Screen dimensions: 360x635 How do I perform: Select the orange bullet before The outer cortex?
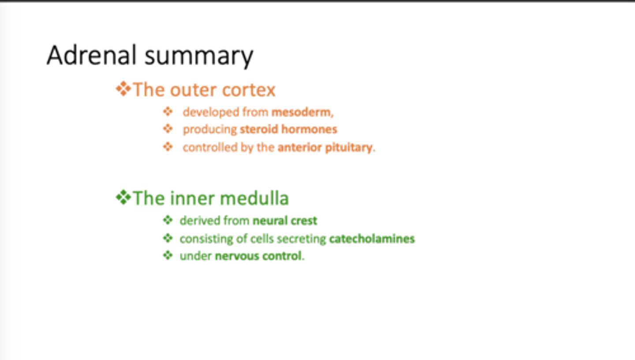point(123,89)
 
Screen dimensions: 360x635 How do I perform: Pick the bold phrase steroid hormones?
point(288,130)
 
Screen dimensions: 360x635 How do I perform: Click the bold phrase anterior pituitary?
point(325,147)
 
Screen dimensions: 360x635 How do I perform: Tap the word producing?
point(210,130)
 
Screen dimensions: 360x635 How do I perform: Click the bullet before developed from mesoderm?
point(168,112)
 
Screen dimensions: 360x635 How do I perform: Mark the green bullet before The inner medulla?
point(123,198)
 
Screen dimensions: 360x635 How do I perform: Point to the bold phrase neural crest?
point(285,220)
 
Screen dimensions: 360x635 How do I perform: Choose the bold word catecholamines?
point(372,239)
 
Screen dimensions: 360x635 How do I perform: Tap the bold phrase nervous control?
point(258,256)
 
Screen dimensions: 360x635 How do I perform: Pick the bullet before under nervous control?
point(168,256)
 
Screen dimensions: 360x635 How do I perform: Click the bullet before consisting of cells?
point(168,238)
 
